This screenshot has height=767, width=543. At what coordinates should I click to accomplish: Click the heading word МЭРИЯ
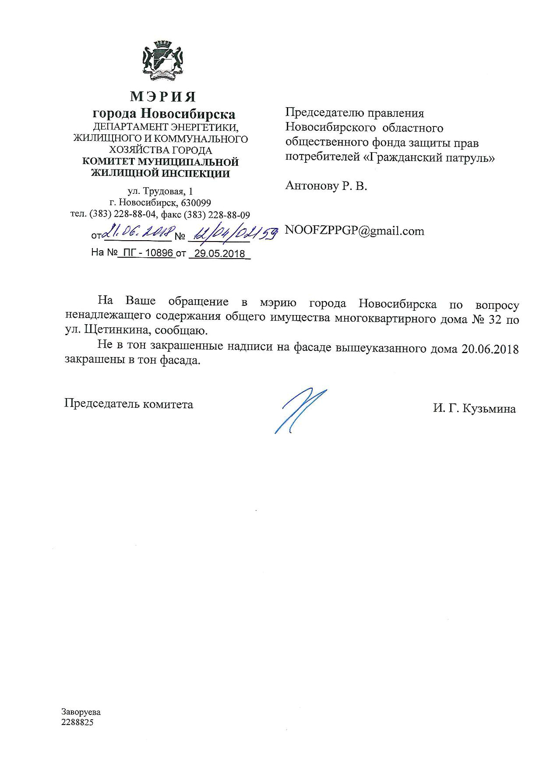coord(163,96)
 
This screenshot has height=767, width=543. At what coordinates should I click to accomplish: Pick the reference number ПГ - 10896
coord(147,253)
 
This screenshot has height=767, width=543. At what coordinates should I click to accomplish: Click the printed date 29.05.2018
coord(219,254)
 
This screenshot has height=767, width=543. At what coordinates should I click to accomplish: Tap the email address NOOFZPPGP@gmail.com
coord(355,231)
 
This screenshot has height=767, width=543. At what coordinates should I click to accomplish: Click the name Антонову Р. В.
coord(326,186)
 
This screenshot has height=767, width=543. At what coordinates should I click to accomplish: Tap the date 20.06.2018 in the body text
coord(490,350)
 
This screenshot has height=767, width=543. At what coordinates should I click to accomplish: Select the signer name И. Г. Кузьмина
coord(474,409)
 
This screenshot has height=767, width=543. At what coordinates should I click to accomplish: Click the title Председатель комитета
coord(129,404)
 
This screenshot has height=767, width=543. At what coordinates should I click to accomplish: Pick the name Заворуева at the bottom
coord(81,711)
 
